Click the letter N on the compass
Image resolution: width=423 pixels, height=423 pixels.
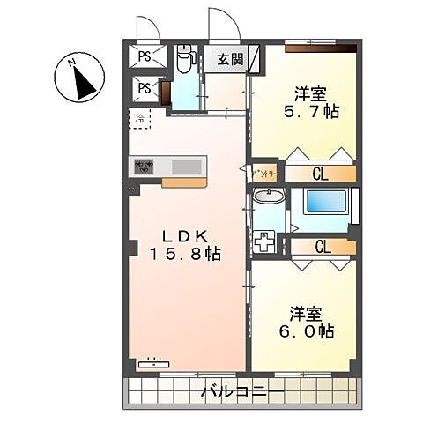pyautogui.click(x=75, y=63)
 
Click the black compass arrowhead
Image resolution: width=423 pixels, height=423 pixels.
pyautogui.click(x=84, y=84)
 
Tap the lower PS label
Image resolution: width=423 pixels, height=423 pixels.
pyautogui.click(x=144, y=88)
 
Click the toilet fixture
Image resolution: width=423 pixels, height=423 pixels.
pyautogui.click(x=184, y=61)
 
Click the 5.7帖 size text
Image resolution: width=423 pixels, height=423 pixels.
pyautogui.click(x=317, y=113)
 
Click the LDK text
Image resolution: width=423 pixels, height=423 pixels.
pyautogui.click(x=185, y=235)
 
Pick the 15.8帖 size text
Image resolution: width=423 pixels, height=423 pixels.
pyautogui.click(x=185, y=254)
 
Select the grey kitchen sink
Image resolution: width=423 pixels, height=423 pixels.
pyautogui.click(x=185, y=167)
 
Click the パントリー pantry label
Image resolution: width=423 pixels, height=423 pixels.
pyautogui.click(x=264, y=174)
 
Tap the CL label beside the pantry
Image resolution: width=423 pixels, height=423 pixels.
pyautogui.click(x=320, y=174)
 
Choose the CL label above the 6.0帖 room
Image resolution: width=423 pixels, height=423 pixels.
pyautogui.click(x=323, y=247)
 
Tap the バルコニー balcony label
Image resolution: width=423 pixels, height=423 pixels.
pyautogui.click(x=241, y=390)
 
